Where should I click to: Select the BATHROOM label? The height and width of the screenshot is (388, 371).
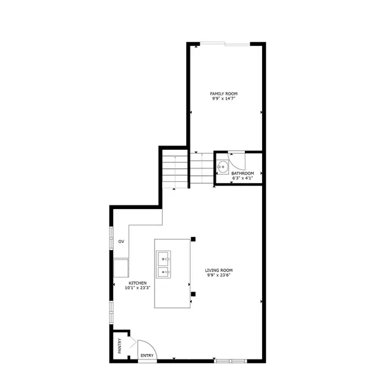coord(242,174)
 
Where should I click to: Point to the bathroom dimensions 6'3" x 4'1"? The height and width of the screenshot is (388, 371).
coord(242,179)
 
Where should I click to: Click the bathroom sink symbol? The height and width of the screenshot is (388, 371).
coord(223,166)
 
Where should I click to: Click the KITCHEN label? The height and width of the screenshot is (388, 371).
coord(137,282)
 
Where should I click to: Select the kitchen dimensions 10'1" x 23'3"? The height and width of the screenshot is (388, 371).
coord(137,288)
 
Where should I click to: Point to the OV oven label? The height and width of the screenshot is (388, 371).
coord(122,241)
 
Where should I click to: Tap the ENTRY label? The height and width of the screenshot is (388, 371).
coord(147,356)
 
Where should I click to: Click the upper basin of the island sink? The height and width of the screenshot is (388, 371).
coord(164,257)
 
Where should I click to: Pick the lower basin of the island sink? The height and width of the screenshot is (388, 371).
coord(164,271)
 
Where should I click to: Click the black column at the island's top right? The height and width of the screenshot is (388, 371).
coord(194,239)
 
